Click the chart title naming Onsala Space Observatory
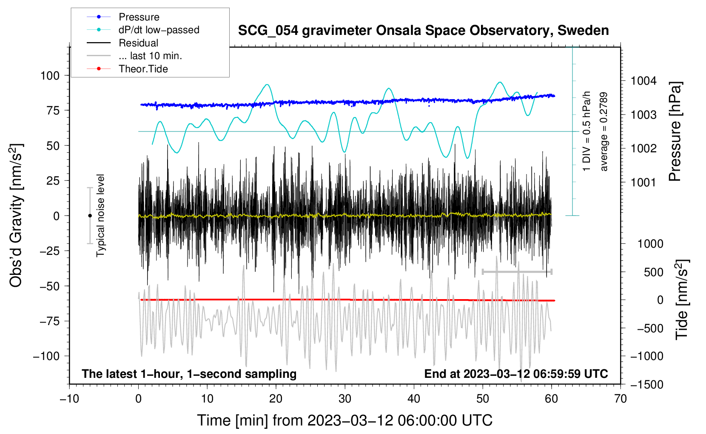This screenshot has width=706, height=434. (x=423, y=31)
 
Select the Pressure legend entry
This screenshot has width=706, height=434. (x=139, y=17)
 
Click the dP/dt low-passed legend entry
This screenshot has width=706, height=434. (x=159, y=30)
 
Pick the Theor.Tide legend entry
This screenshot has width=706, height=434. (x=143, y=69)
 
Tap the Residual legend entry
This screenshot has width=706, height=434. (x=138, y=43)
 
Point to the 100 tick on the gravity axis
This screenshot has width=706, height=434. (x=50, y=76)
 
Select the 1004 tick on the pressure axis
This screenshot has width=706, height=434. (x=643, y=81)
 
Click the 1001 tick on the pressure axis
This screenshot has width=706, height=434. (x=643, y=183)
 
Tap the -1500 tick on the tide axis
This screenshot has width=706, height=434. (x=646, y=385)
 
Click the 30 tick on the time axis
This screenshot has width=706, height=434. (x=345, y=399)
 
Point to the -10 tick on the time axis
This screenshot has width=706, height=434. (x=69, y=399)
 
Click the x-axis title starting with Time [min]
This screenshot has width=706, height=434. (x=345, y=420)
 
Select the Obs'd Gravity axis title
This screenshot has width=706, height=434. (x=16, y=216)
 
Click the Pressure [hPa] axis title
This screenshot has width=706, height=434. (x=675, y=132)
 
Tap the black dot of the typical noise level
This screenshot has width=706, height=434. (x=90, y=216)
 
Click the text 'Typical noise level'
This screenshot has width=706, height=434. (x=100, y=216)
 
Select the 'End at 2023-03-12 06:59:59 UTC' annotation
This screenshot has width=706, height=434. (x=516, y=374)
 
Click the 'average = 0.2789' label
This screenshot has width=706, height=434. (x=604, y=132)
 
